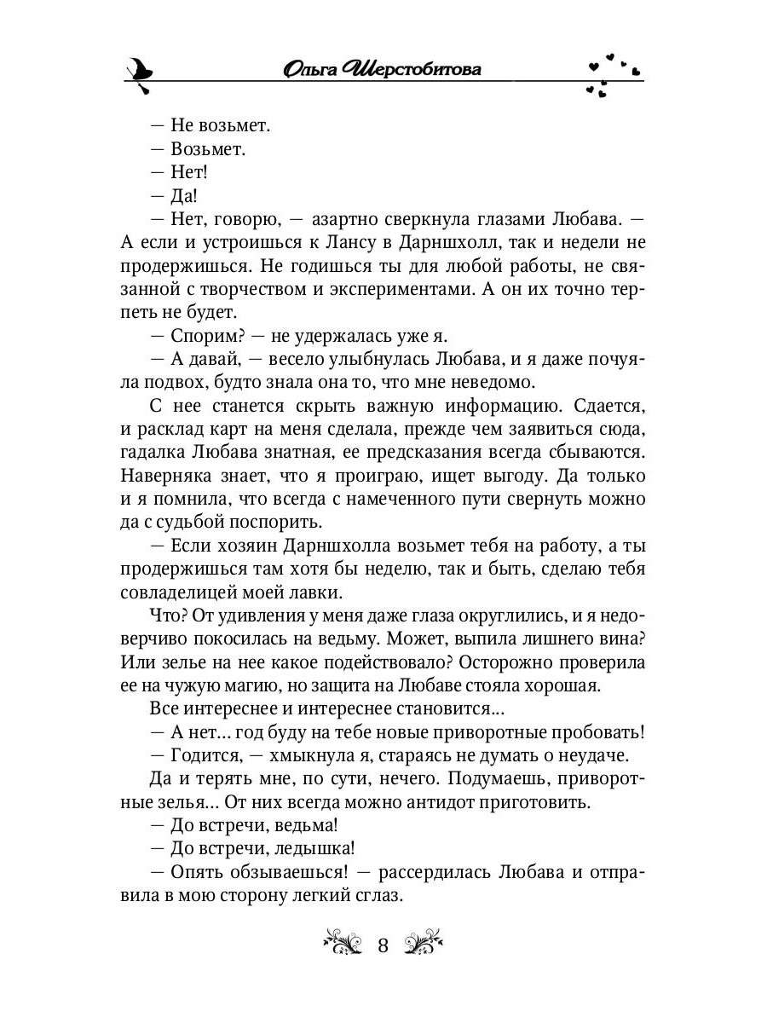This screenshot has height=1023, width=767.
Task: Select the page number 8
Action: click(383, 945)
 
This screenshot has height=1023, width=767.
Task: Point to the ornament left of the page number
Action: click(344, 944)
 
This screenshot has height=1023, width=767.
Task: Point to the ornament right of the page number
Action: click(422, 944)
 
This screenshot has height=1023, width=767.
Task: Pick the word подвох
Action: click(206, 381)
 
